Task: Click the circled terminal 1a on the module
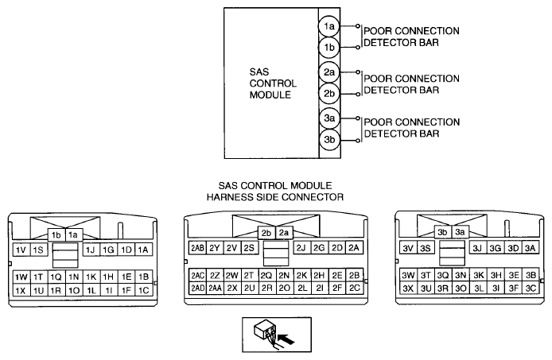pos(329,26)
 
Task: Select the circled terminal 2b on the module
pos(329,94)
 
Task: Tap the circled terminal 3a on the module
pos(329,118)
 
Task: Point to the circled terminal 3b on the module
pos(329,140)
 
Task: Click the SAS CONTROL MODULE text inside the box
pos(273,83)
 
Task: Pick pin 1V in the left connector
pos(21,250)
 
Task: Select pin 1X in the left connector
pos(21,290)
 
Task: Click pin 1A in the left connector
pos(143,250)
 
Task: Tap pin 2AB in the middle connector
pos(197,248)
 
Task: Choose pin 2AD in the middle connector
pos(197,288)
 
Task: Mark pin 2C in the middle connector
pos(355,288)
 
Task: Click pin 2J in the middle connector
pos(301,248)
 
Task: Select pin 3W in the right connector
pos(408,275)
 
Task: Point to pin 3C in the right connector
pos(531,288)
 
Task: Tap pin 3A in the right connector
pos(531,248)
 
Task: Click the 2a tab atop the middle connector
pos(284,233)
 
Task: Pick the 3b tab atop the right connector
pos(442,232)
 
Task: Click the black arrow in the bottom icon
pos(286,339)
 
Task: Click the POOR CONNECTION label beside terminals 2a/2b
pos(411,78)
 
